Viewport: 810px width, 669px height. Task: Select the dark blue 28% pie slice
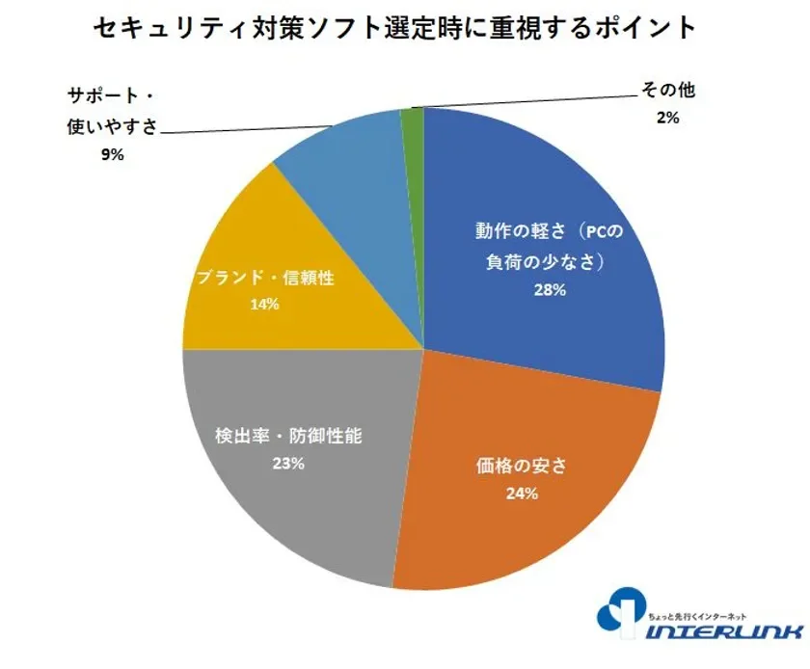[x=579, y=193]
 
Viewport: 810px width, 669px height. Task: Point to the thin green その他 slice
[x=413, y=120]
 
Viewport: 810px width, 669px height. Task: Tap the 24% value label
[x=521, y=494]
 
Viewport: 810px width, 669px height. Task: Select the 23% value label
[x=287, y=463]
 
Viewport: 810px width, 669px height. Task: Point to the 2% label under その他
[x=667, y=118]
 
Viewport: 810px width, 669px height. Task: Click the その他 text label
[x=667, y=92]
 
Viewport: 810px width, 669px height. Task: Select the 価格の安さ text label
[x=521, y=466]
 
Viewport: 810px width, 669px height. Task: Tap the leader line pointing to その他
[x=521, y=100]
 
